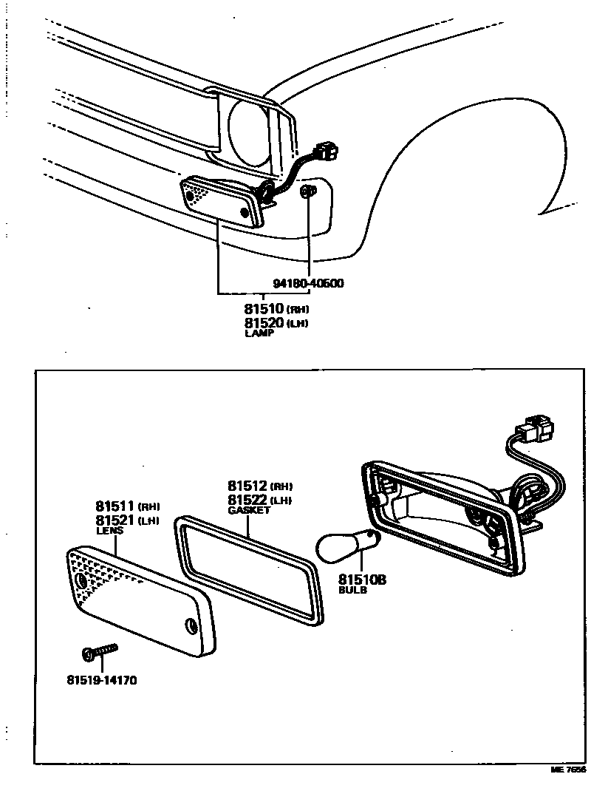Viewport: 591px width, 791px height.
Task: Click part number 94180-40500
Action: (x=307, y=283)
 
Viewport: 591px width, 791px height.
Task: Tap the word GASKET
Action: (x=250, y=510)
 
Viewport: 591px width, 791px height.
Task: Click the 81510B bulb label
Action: (x=362, y=580)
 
